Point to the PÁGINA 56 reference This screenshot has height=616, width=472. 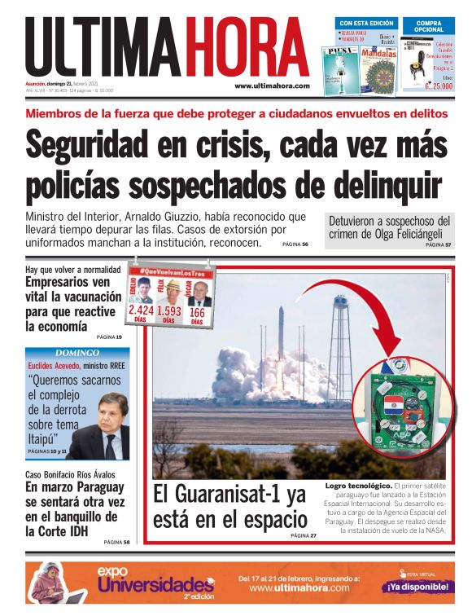[295, 244]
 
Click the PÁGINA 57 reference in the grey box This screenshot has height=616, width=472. [437, 244]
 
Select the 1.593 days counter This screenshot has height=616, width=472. [169, 310]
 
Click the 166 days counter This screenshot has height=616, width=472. [197, 311]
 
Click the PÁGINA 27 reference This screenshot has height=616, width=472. [302, 535]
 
